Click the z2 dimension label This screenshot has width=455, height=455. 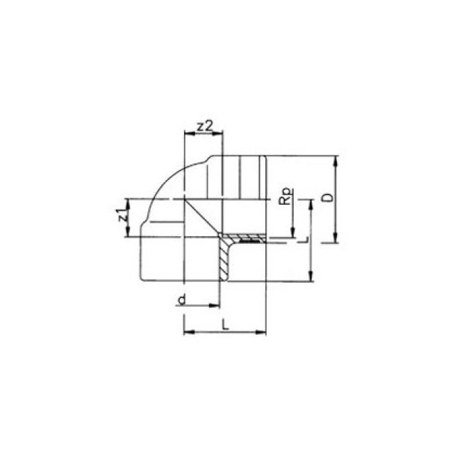[205, 126]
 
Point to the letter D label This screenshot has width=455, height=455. [326, 197]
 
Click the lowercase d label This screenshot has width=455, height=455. [182, 300]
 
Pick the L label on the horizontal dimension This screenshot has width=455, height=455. [225, 325]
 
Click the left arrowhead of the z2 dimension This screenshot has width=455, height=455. [187, 132]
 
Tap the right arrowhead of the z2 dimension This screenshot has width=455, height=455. [220, 132]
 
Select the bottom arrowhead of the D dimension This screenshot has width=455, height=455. [335, 240]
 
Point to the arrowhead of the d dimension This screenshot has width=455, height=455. [215, 306]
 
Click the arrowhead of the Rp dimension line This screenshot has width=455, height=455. [291, 235]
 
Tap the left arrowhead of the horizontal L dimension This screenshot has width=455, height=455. [187, 332]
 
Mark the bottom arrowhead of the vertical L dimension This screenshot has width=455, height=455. [310, 279]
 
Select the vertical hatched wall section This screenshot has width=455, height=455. [225, 259]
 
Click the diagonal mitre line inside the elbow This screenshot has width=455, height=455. [202, 217]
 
